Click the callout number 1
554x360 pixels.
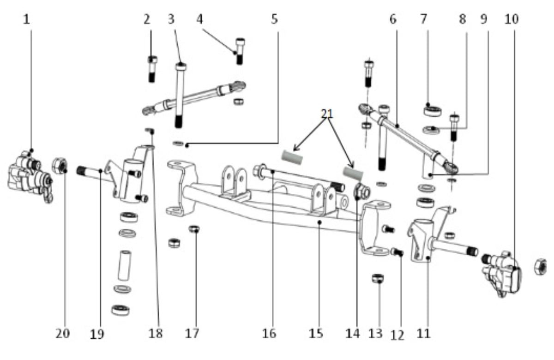[26, 19]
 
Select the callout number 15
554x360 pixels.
[316, 333]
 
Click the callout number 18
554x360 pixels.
[157, 333]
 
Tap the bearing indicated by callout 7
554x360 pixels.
[433, 110]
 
